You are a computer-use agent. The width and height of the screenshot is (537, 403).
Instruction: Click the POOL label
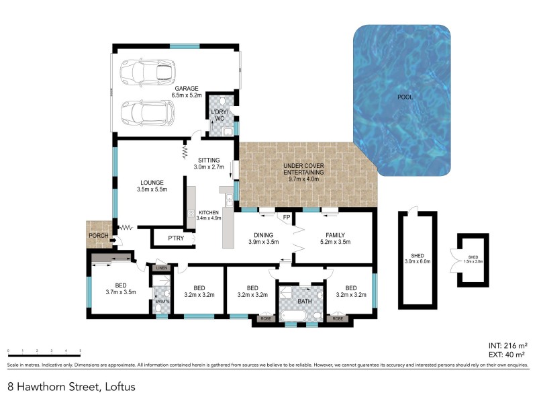tap(405, 97)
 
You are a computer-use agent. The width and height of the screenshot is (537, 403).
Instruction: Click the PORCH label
tap(99, 236)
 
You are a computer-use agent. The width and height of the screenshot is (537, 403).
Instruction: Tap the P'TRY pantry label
tap(176, 238)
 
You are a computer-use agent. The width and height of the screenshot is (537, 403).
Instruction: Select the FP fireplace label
tap(287, 218)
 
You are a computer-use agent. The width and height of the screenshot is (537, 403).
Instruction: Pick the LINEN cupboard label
tap(162, 269)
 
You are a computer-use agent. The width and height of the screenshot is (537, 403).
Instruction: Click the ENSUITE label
tap(162, 302)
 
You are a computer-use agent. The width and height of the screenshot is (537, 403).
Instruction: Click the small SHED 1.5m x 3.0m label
tap(473, 259)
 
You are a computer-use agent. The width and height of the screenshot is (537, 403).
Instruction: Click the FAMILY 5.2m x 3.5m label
tap(336, 238)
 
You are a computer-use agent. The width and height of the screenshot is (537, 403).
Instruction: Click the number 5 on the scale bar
tap(81, 351)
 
